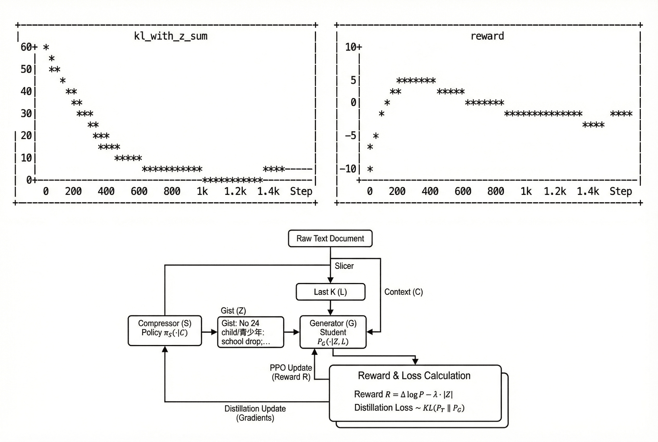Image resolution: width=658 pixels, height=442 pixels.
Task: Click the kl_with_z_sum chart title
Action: click(171, 36)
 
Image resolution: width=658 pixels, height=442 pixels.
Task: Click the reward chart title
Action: click(487, 36)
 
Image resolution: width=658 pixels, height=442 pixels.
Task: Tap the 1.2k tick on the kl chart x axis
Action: click(235, 191)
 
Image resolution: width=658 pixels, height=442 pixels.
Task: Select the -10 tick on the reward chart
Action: click(348, 169)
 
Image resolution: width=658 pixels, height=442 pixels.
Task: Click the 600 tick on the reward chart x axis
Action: click(463, 191)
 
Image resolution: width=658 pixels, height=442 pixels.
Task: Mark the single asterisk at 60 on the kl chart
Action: click(46, 47)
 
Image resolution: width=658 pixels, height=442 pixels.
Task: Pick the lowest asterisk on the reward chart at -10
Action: click(370, 169)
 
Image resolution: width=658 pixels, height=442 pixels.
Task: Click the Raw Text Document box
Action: click(330, 238)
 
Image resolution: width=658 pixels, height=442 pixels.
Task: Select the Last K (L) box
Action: click(330, 292)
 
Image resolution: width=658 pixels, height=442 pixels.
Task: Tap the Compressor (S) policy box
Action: click(165, 330)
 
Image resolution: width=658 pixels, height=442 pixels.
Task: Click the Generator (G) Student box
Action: click(333, 332)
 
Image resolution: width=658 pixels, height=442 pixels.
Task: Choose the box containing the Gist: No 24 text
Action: click(250, 332)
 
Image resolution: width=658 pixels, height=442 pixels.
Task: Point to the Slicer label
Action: click(344, 266)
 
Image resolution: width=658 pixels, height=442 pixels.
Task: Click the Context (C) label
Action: click(403, 292)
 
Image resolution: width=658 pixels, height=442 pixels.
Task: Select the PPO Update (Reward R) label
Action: click(291, 372)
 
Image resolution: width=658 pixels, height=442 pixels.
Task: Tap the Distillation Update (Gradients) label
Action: click(255, 413)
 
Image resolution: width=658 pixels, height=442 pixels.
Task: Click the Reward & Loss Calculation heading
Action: click(414, 376)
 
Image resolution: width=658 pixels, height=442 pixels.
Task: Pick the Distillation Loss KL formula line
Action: click(409, 408)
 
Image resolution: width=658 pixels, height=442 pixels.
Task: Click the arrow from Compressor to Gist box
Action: click(210, 332)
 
